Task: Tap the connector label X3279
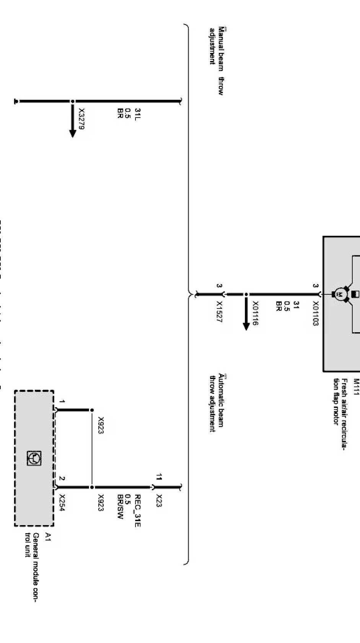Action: [81, 119]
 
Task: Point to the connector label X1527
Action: [219, 312]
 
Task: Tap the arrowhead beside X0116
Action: [246, 326]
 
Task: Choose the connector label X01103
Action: [315, 313]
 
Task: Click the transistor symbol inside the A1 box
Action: [34, 458]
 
